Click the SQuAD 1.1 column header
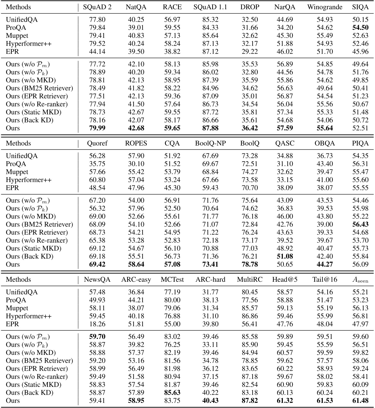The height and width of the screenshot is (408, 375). tap(210, 7)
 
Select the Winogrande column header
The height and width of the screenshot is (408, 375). tap(325, 7)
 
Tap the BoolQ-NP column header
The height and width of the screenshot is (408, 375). tap(210, 143)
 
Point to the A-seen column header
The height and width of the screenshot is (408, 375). tap(360, 280)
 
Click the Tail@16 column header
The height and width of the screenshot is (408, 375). tap(325, 280)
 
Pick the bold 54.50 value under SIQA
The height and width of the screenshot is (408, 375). tap(360, 28)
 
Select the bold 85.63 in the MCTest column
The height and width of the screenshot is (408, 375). tap(172, 393)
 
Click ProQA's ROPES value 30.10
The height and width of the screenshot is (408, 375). tap(136, 164)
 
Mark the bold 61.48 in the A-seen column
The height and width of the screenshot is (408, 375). tap(360, 401)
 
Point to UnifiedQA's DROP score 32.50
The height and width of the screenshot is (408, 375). tap(250, 20)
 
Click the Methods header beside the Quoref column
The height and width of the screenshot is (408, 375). tap(18, 143)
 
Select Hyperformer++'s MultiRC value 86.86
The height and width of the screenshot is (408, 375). tap(250, 316)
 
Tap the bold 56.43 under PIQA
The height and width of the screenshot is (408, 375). tap(360, 225)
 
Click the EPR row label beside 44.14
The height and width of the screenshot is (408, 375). tap(12, 52)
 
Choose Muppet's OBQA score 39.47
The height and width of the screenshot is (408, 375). tap(325, 172)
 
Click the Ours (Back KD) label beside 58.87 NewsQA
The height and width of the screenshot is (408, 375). tap(29, 393)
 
